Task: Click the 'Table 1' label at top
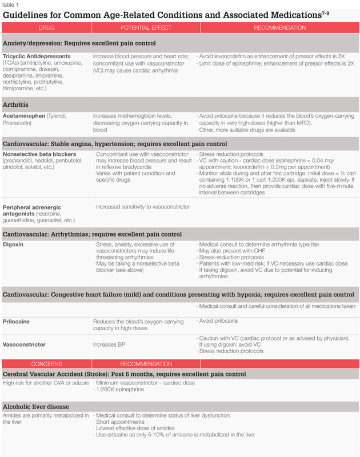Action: pos(10,4)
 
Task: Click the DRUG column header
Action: pos(46,27)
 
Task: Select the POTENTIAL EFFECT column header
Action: pos(142,27)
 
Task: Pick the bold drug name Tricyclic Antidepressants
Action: pos(37,57)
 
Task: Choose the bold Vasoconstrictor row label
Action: pos(24,345)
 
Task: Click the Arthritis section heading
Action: pos(15,105)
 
